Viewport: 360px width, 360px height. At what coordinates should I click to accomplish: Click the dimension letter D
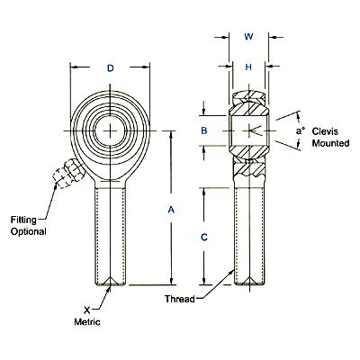click(x=110, y=68)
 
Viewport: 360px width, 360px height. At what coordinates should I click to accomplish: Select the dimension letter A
click(x=171, y=210)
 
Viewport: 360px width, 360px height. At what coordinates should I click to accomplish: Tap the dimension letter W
click(x=247, y=37)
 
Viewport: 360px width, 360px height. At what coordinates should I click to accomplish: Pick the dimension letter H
click(x=247, y=67)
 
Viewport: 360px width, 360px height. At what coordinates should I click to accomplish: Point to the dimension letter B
click(x=204, y=131)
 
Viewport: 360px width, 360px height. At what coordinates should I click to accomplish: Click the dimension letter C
click(x=204, y=237)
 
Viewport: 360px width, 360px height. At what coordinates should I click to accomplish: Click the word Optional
click(x=28, y=231)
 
